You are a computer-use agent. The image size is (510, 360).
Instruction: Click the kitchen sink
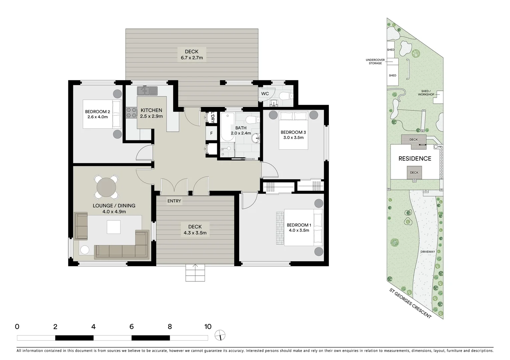coord(147,91)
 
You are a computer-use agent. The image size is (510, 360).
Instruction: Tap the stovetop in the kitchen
coord(132,113)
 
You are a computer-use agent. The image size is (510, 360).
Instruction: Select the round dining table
coord(106,187)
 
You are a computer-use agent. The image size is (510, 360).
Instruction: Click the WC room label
coord(265,94)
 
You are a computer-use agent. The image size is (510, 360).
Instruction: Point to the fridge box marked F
coord(211,133)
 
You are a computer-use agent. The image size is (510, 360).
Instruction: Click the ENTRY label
coord(174,201)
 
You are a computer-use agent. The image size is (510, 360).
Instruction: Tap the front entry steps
coord(195,273)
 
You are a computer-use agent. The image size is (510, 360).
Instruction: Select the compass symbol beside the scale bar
coord(220,335)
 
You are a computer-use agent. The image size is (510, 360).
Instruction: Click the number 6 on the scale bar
coord(132,327)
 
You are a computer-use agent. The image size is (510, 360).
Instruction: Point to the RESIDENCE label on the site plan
coord(415,159)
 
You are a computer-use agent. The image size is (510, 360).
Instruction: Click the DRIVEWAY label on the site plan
coord(428,252)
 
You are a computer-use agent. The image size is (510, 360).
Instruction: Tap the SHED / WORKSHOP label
coord(426,93)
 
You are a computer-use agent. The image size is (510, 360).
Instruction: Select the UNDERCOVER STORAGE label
coord(375,62)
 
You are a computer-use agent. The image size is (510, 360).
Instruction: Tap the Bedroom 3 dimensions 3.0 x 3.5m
coord(293,137)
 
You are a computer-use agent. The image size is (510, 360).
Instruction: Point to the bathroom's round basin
coord(256,138)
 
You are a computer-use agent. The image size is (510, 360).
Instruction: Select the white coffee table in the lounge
coord(114,227)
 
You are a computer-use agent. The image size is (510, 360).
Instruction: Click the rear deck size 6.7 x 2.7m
coord(192,58)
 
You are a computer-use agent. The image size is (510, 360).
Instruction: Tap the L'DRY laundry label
coord(212,117)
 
